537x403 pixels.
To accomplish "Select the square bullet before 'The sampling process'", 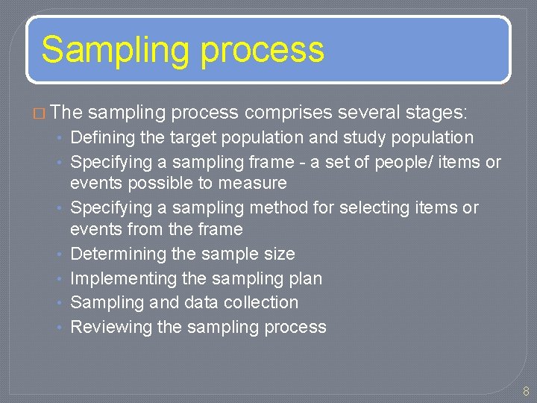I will pos(40,113).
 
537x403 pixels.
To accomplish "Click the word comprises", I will pos(289,113).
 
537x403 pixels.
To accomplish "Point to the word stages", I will pos(436,113).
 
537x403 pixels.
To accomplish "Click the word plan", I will pos(305,278).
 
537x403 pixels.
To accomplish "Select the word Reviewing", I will pos(110,327).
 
